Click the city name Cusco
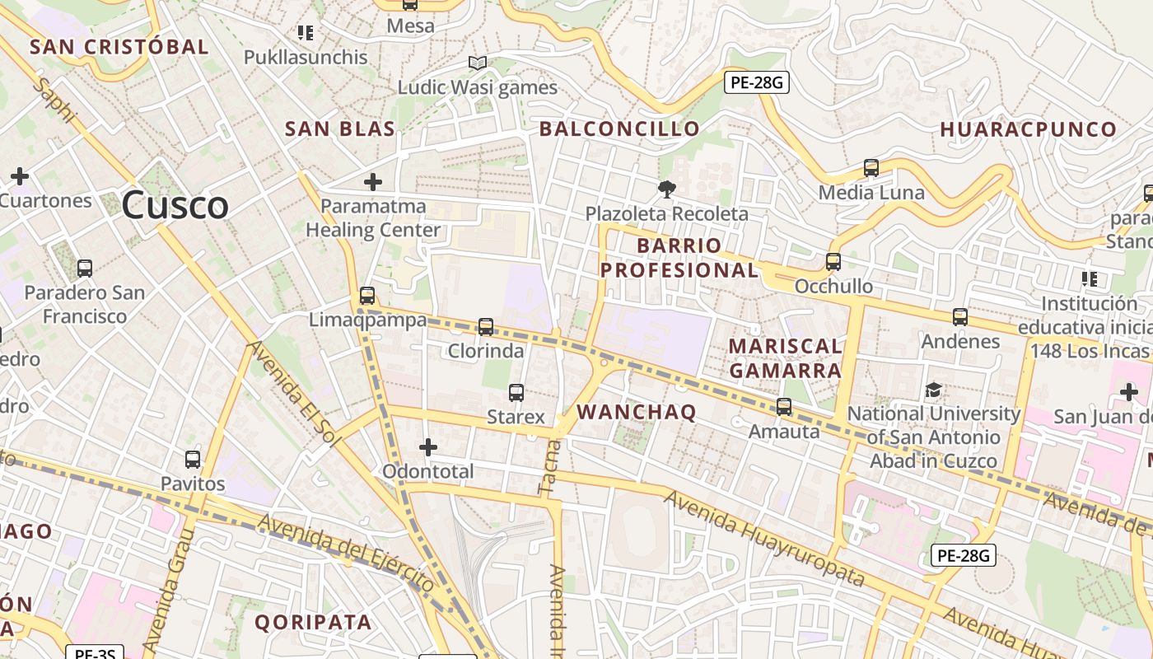[175, 205]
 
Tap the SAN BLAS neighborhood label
[340, 129]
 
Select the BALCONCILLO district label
[619, 129]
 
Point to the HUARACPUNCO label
[1028, 129]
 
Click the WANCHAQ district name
[637, 412]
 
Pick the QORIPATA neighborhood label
[313, 622]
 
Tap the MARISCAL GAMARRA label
[786, 358]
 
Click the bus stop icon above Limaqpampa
[367, 296]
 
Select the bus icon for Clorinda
[486, 327]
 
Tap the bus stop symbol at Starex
[516, 393]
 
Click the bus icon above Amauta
[784, 407]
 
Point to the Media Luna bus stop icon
[871, 168]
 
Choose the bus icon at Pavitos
[193, 460]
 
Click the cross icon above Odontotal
[428, 447]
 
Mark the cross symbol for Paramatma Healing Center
[373, 181]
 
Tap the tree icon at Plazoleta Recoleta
[666, 189]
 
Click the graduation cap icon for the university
[934, 390]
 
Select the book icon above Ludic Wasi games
[478, 63]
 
